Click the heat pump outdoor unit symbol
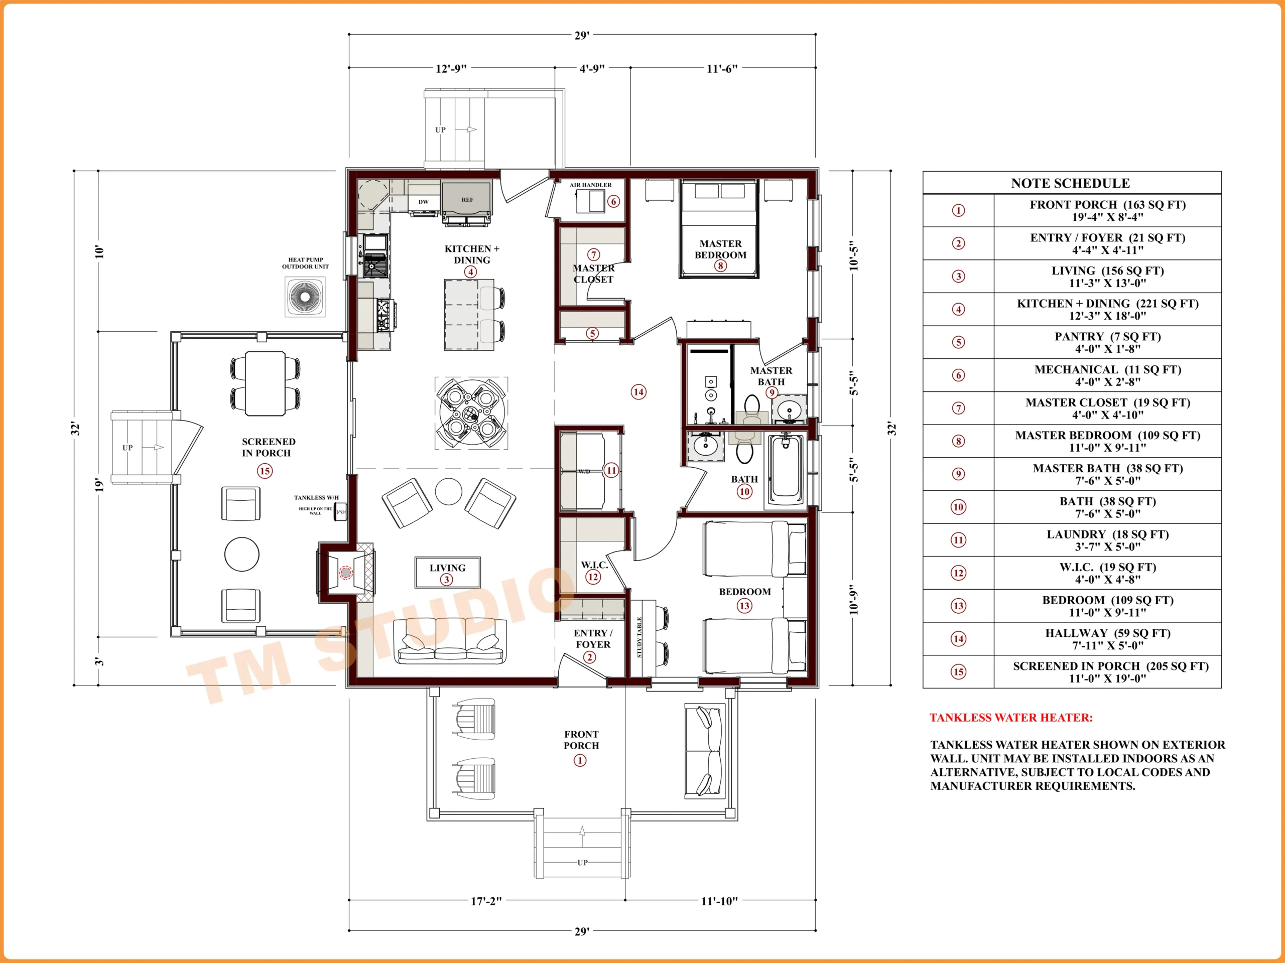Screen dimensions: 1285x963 point(305,297)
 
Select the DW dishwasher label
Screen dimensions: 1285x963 point(424,202)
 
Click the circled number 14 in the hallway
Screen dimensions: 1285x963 point(638,392)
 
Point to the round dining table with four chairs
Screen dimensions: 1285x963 point(471,413)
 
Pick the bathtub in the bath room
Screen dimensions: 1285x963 point(786,471)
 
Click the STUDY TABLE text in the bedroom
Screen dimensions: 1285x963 point(639,638)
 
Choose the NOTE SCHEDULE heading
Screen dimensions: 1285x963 point(1071,184)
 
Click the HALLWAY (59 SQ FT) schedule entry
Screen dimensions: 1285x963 point(1108,633)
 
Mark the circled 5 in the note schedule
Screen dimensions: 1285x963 point(959,342)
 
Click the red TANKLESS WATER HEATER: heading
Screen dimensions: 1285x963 point(1011,718)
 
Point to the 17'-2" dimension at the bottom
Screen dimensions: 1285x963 point(486,901)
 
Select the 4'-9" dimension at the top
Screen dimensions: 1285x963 point(592,69)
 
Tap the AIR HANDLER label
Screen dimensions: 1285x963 point(590,185)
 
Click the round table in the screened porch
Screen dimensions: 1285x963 point(241,554)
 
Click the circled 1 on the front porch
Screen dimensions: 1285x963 point(580,760)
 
